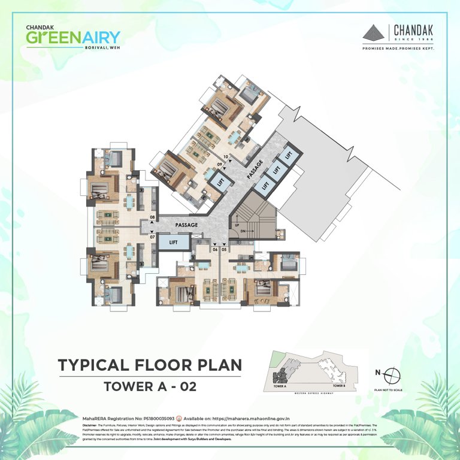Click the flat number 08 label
pyautogui.click(x=152, y=217)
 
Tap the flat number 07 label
pyautogui.click(x=152, y=237)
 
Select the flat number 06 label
pyautogui.click(x=214, y=250)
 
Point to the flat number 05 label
pyautogui.click(x=224, y=250)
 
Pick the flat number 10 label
pyautogui.click(x=226, y=156)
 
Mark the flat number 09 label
pyautogui.click(x=220, y=164)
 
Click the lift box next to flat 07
pyautogui.click(x=173, y=242)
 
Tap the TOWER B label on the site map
pyautogui.click(x=339, y=386)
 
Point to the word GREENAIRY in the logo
pyautogui.click(x=72, y=37)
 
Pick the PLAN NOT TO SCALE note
pyautogui.click(x=388, y=390)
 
